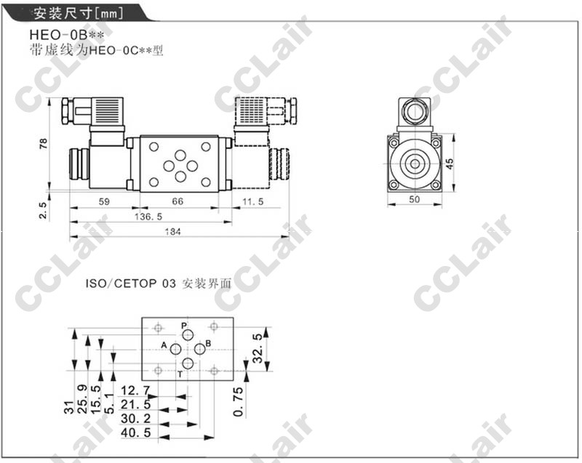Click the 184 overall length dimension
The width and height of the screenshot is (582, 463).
(173, 232)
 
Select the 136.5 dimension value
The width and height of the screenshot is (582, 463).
(148, 217)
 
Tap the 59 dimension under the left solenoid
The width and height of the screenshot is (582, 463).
(104, 201)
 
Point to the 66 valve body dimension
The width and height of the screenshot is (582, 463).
(178, 201)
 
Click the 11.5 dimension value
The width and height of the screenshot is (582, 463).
(252, 201)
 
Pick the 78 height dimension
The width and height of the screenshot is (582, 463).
(44, 143)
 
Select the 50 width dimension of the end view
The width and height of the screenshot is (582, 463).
(414, 199)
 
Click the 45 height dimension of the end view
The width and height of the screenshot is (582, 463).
(449, 164)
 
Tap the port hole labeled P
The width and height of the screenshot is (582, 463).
(188, 335)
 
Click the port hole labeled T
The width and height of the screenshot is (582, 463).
(188, 363)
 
